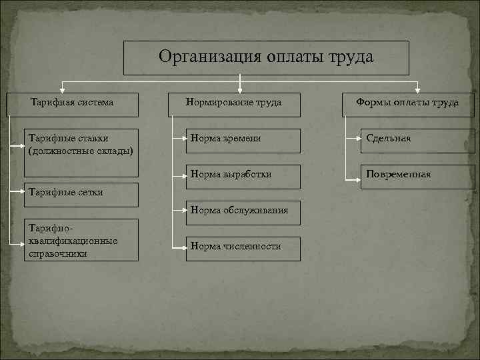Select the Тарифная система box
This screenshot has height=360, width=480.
coord(72,103)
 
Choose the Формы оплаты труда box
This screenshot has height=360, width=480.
coord(408,103)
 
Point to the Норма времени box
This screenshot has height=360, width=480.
coord(243,140)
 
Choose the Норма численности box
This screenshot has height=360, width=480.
coord(243,247)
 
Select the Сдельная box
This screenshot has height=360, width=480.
coord(417,140)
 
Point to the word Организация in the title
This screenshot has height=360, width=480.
coord(203,57)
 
